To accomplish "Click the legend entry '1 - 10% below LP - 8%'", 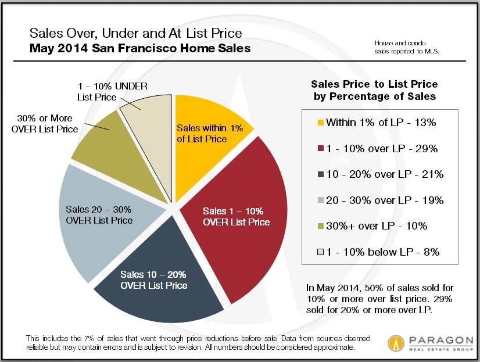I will [x=382, y=252].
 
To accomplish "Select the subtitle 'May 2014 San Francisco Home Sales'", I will [x=140, y=48].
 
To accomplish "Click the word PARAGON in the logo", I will [x=433, y=338].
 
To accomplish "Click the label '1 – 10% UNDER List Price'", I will [x=107, y=92].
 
